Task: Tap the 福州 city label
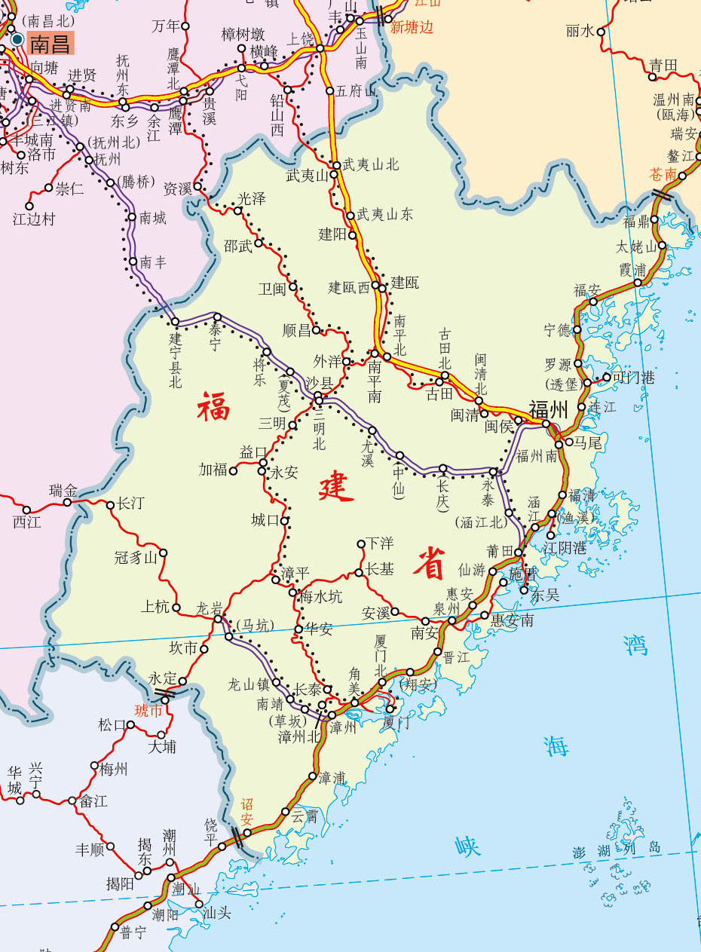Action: point(548,409)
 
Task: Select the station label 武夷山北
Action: point(371,164)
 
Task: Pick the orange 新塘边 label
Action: point(412,28)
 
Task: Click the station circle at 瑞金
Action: point(67,503)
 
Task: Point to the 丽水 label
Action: point(580,31)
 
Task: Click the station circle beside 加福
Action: point(234,471)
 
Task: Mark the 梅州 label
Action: point(114,769)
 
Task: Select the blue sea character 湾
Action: point(636,644)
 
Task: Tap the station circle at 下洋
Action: point(361,543)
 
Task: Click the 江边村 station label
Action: point(35,219)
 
